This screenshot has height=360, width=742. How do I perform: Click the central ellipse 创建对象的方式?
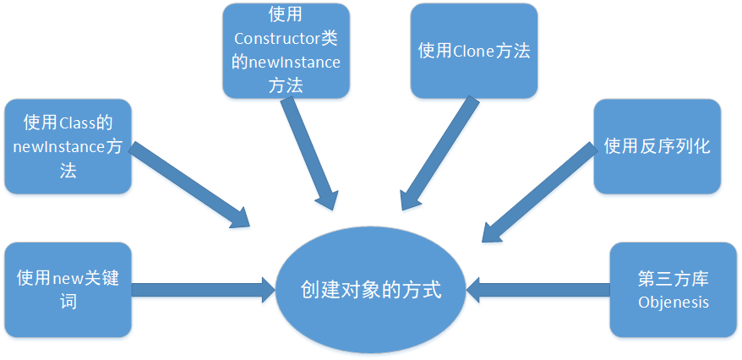coord(371,290)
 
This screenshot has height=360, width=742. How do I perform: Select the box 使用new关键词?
coord(68,289)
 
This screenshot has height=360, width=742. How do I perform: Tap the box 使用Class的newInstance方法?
coord(68,146)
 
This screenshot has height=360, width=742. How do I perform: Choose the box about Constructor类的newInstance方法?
coord(286,50)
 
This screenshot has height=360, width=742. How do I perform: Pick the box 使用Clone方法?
coord(474,51)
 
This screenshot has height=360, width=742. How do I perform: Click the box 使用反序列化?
coord(657,146)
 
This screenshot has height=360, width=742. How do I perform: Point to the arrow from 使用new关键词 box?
coord(203,290)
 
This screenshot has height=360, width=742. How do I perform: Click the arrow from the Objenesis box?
coord(541,290)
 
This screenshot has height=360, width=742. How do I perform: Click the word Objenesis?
coord(674,302)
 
